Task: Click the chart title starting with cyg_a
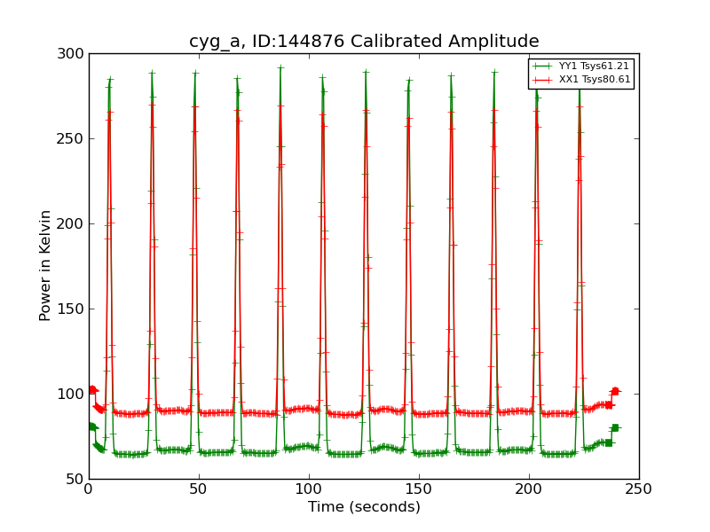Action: click(364, 41)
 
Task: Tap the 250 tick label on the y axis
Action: click(73, 138)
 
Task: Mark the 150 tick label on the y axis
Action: click(73, 309)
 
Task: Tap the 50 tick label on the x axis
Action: click(199, 489)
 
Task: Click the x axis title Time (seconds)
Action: click(364, 507)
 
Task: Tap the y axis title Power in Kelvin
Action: click(45, 265)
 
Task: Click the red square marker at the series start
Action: click(92, 389)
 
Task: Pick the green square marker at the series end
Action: click(614, 427)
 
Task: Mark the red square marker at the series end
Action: click(614, 391)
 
